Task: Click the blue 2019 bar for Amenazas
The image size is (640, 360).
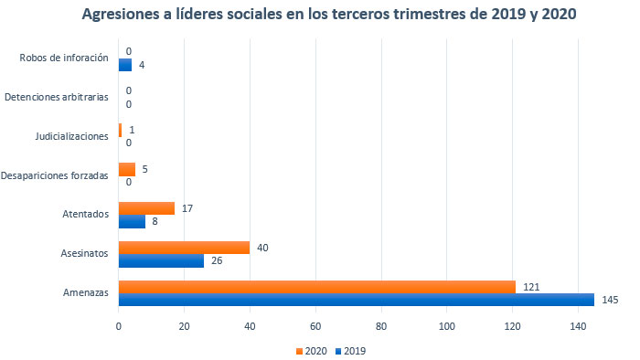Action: tap(357, 300)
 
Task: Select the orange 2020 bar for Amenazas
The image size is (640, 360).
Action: tap(317, 287)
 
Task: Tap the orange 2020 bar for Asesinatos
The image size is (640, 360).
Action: tap(184, 248)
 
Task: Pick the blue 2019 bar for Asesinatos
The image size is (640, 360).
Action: tap(161, 260)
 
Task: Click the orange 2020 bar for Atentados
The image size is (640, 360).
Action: tap(146, 208)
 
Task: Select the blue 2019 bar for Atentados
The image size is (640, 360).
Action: tap(132, 221)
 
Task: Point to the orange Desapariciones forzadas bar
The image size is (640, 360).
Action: tap(127, 169)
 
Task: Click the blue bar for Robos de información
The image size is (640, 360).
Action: tap(125, 65)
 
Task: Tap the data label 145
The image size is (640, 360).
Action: tap(610, 300)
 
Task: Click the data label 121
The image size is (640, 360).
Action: tap(531, 287)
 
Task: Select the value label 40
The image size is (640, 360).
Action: tap(262, 248)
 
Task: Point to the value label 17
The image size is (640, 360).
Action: tap(187, 208)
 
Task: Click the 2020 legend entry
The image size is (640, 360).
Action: tap(310, 350)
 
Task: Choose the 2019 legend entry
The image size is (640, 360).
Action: tap(351, 350)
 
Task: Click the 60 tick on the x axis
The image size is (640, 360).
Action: tap(315, 324)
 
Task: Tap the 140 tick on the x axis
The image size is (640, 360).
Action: tap(578, 324)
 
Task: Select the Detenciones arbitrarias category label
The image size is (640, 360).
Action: tap(57, 97)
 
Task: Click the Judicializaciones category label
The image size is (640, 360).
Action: tap(72, 136)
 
